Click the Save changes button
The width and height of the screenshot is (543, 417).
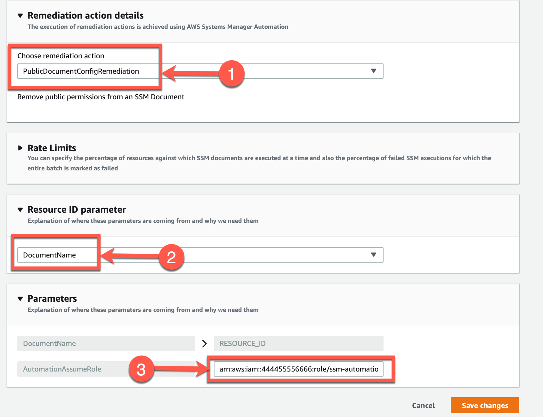pos(485,405)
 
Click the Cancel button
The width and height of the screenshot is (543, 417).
pos(423,405)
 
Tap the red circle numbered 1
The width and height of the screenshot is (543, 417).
pos(231,74)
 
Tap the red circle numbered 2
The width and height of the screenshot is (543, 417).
pos(172,257)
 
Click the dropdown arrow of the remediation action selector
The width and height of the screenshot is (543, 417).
pos(373,71)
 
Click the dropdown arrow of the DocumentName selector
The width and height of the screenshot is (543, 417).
pos(373,255)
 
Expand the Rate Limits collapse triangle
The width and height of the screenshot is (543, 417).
pos(20,148)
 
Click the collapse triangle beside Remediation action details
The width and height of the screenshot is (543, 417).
pos(20,15)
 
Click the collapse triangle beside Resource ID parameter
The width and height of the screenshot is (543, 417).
pos(20,210)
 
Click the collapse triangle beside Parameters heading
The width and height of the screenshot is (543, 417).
pos(20,299)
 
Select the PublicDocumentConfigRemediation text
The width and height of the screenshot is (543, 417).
pos(81,71)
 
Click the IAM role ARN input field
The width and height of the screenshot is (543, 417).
pos(298,369)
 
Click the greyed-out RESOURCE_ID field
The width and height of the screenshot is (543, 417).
pos(298,343)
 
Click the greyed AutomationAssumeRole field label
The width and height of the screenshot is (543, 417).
pos(62,369)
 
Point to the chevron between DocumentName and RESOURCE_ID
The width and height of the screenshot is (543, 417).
pos(204,344)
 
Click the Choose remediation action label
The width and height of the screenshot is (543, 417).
pos(61,56)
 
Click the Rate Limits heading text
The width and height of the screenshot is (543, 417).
pos(52,148)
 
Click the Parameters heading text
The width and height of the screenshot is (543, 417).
pos(52,298)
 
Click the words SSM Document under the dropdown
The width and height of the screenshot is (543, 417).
pos(159,97)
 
